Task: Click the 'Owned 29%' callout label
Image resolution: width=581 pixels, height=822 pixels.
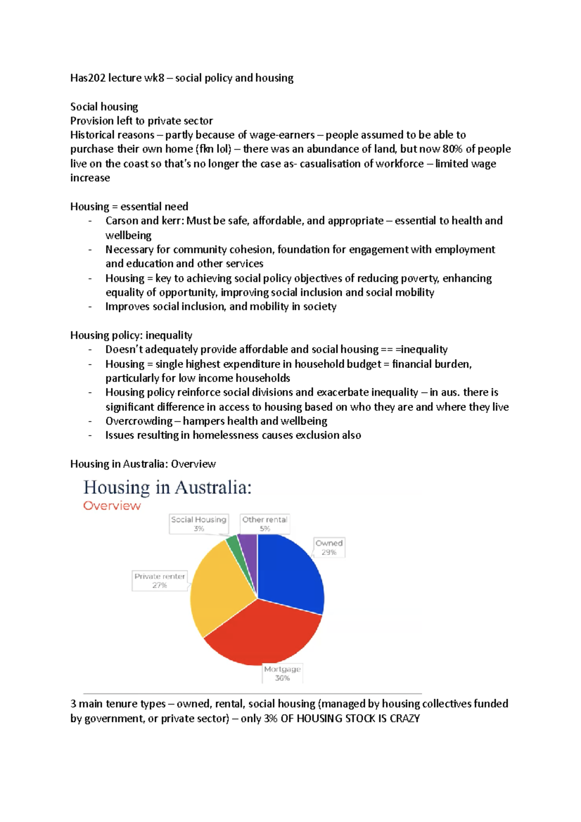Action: click(329, 548)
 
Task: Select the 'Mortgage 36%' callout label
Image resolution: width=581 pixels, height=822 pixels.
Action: click(282, 673)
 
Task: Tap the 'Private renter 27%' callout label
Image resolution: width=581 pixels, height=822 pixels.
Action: click(160, 580)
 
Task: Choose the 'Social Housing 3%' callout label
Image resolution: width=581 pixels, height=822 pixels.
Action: click(199, 524)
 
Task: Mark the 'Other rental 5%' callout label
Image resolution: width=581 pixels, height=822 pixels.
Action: click(265, 524)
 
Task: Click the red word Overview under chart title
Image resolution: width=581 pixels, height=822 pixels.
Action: click(112, 506)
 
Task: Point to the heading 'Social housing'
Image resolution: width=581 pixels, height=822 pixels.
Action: click(104, 107)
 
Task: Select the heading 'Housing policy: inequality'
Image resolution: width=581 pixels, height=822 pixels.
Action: click(131, 335)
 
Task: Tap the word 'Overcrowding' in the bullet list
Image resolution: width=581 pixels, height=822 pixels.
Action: click(139, 421)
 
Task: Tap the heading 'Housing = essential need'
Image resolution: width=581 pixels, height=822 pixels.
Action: click(129, 207)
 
